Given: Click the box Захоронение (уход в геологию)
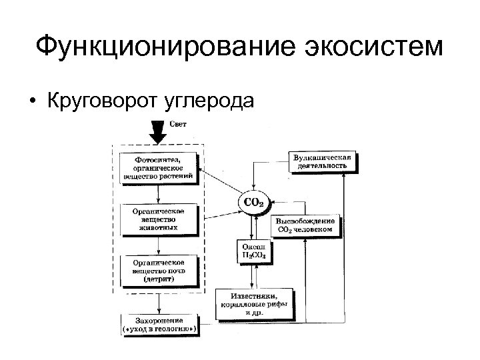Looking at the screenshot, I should tap(159, 324).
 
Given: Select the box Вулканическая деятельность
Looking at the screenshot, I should tap(323, 161).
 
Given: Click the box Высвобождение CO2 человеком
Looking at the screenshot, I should tap(307, 225).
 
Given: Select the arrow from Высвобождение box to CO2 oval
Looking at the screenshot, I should tap(280, 201).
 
